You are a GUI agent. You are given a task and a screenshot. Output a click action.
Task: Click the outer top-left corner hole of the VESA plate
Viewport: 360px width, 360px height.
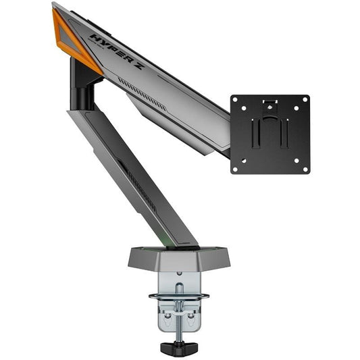tap(236, 101)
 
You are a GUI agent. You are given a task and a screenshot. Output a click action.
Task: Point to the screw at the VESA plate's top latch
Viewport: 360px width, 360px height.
tap(270, 104)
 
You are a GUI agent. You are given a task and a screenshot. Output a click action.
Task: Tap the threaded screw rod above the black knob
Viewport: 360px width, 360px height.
tap(178, 328)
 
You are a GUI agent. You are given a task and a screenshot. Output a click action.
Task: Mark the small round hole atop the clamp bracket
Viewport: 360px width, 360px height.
tap(178, 276)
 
